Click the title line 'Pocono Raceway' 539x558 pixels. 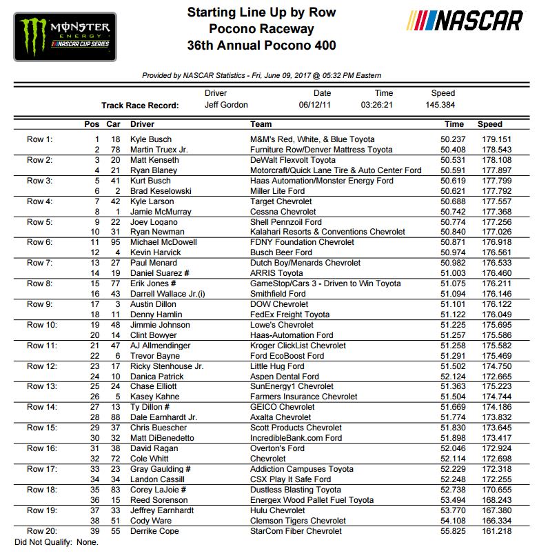[262, 29]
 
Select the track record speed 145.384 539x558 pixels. [443, 105]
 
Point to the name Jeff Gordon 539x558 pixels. [226, 105]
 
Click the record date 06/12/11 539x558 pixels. [315, 105]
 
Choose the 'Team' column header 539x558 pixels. [261, 124]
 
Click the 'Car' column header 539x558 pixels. [113, 124]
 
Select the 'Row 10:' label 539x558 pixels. [42, 325]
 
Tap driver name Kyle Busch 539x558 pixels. [151, 139]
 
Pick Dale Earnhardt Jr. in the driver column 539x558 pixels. [164, 417]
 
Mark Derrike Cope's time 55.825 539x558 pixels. [454, 531]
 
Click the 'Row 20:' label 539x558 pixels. [42, 531]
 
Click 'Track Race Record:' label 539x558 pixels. [140, 106]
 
